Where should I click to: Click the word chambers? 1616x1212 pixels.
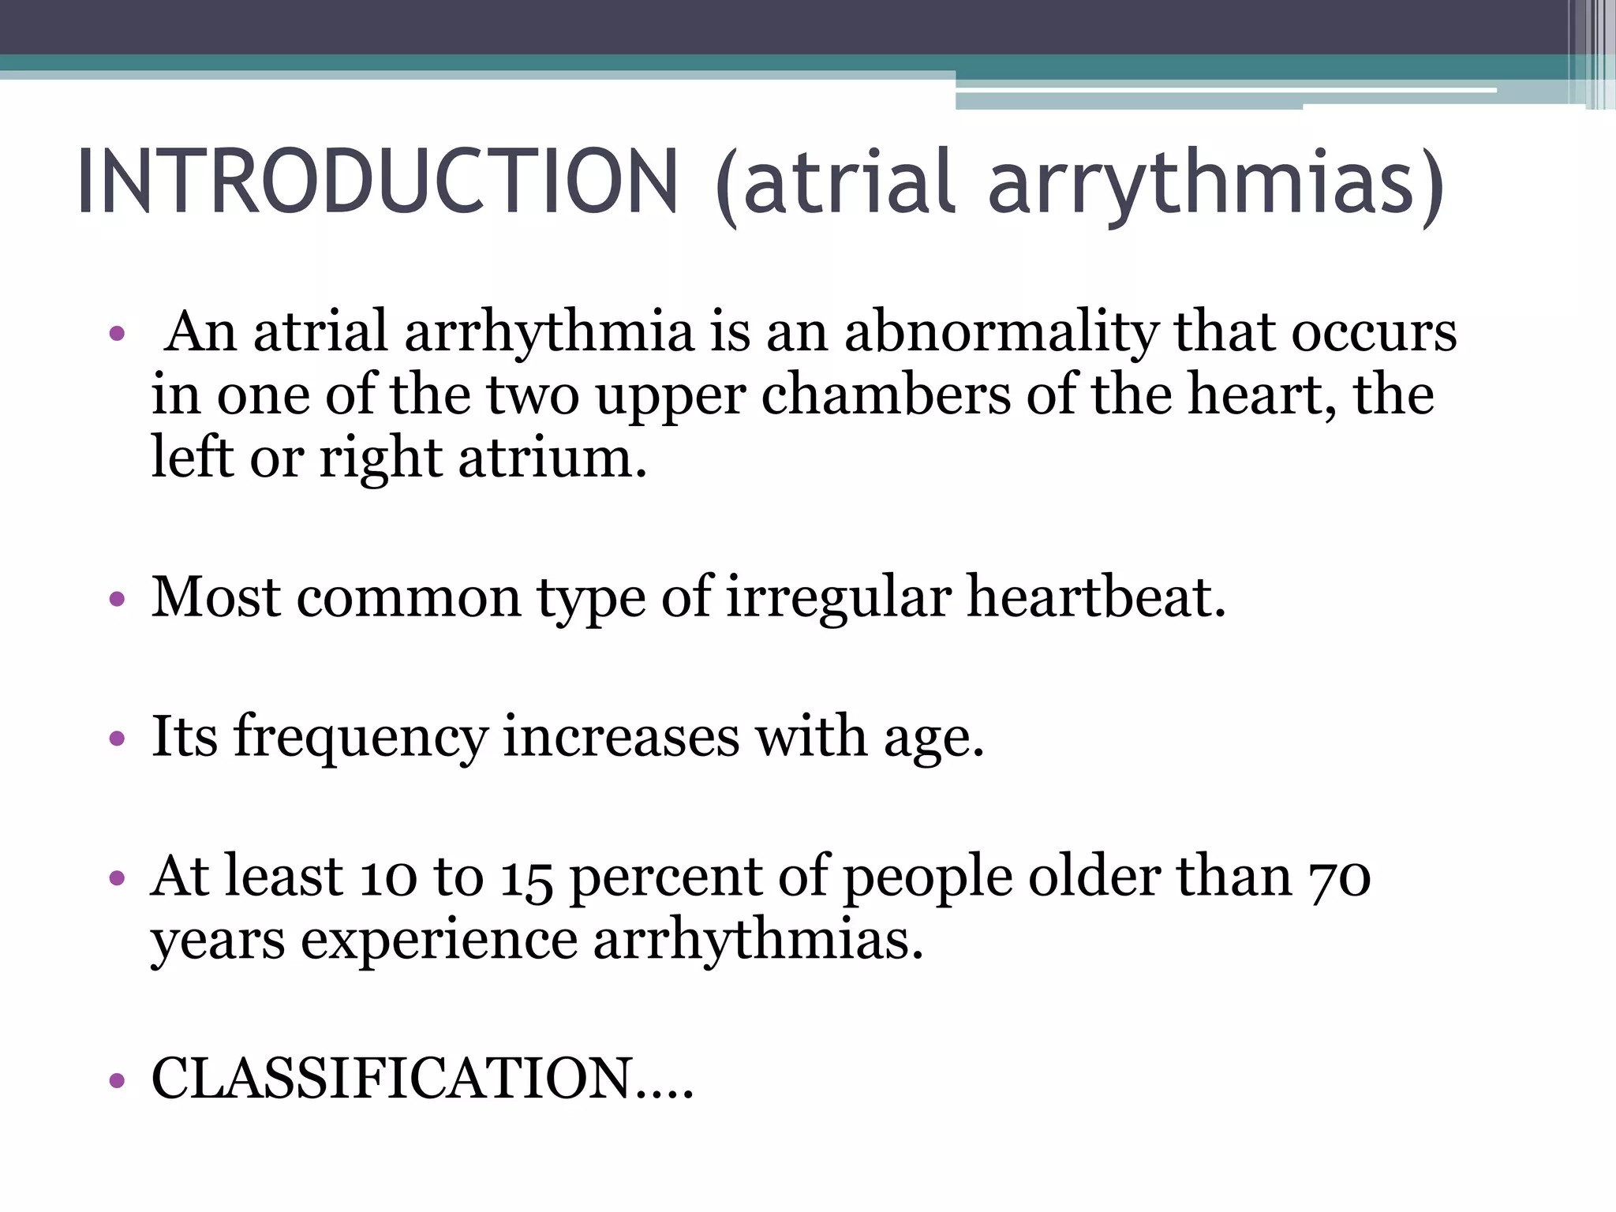point(885,395)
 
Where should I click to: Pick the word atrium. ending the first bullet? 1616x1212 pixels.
point(552,458)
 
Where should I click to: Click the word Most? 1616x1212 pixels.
point(215,597)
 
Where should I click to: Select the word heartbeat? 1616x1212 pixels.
point(1096,597)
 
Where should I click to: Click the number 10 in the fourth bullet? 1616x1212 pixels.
point(387,877)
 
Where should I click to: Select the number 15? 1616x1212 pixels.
point(526,878)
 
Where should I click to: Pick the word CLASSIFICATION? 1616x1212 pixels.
point(391,1078)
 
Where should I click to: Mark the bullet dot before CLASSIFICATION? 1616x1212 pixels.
point(118,1080)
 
